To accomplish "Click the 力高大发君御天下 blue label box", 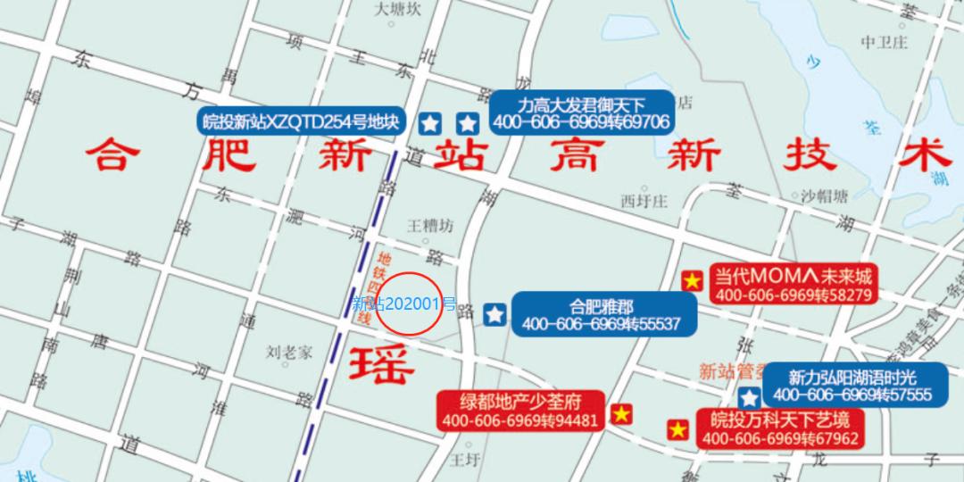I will click(581, 112).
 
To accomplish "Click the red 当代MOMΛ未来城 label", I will click(793, 284).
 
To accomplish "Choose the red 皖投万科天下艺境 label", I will click(780, 429).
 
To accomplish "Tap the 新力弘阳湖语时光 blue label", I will click(852, 386).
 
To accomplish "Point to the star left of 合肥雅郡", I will click(494, 314).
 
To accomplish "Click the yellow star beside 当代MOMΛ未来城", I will click(691, 281).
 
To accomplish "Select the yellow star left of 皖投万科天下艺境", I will click(678, 430).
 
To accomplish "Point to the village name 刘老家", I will click(289, 352).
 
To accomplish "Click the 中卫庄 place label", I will click(884, 42).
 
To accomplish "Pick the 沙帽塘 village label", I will click(823, 196).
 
